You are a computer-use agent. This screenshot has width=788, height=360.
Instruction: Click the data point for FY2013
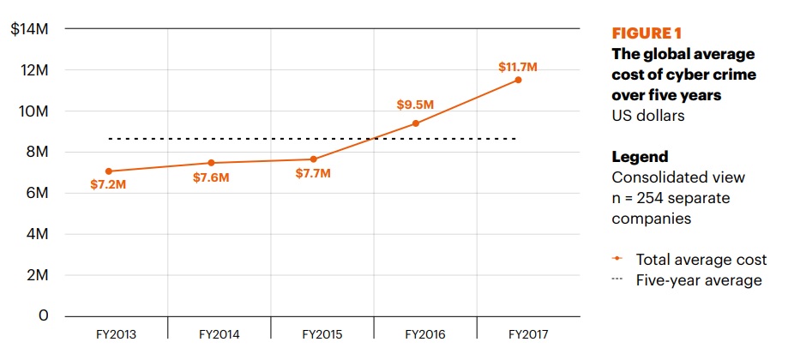point(108,171)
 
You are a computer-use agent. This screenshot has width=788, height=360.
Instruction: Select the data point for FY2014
point(211,163)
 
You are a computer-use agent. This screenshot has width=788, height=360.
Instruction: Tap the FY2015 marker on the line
point(314,159)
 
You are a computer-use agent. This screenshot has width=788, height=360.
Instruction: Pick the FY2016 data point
point(416,123)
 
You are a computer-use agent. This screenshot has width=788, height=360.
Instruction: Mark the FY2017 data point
point(518,80)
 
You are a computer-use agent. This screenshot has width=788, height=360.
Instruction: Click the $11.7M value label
point(518,66)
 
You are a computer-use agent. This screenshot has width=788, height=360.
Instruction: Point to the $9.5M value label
point(415,105)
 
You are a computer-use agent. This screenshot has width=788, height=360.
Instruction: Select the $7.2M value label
point(108,184)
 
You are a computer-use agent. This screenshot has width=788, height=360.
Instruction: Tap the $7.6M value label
point(211,177)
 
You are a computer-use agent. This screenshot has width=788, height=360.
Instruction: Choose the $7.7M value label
point(313,174)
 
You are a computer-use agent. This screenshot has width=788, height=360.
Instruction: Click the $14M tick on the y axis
point(29,29)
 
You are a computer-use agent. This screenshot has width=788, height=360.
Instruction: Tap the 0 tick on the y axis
point(44,316)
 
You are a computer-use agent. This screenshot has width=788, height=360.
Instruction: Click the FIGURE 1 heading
point(647,33)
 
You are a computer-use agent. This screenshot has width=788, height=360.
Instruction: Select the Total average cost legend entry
point(696,259)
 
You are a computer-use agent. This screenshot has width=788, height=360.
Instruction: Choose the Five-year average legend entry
point(698,280)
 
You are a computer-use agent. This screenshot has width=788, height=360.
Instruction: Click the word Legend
point(640,157)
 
